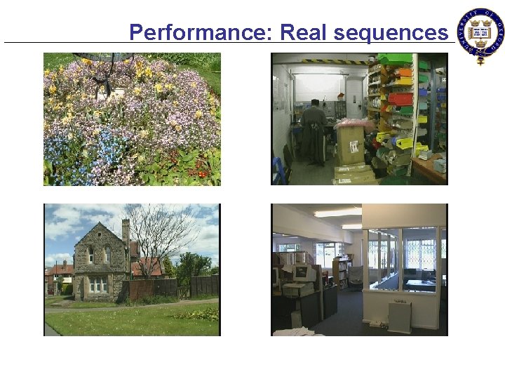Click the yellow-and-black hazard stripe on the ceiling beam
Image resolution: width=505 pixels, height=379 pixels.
(330, 62)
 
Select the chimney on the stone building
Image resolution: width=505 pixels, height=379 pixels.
(126, 232)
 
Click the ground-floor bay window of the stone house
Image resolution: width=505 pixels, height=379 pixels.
(97, 285)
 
